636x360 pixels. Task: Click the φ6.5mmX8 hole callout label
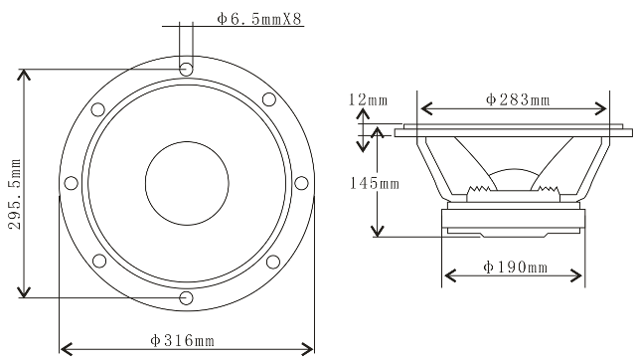260,19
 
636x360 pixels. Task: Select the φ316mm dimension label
182,340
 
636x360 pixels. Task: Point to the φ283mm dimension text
518,99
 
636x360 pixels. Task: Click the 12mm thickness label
368,99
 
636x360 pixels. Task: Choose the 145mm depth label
375,183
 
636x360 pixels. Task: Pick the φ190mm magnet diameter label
515,268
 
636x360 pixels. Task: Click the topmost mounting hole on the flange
186,69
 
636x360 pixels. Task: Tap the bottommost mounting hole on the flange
186,298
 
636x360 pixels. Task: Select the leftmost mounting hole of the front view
71,183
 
